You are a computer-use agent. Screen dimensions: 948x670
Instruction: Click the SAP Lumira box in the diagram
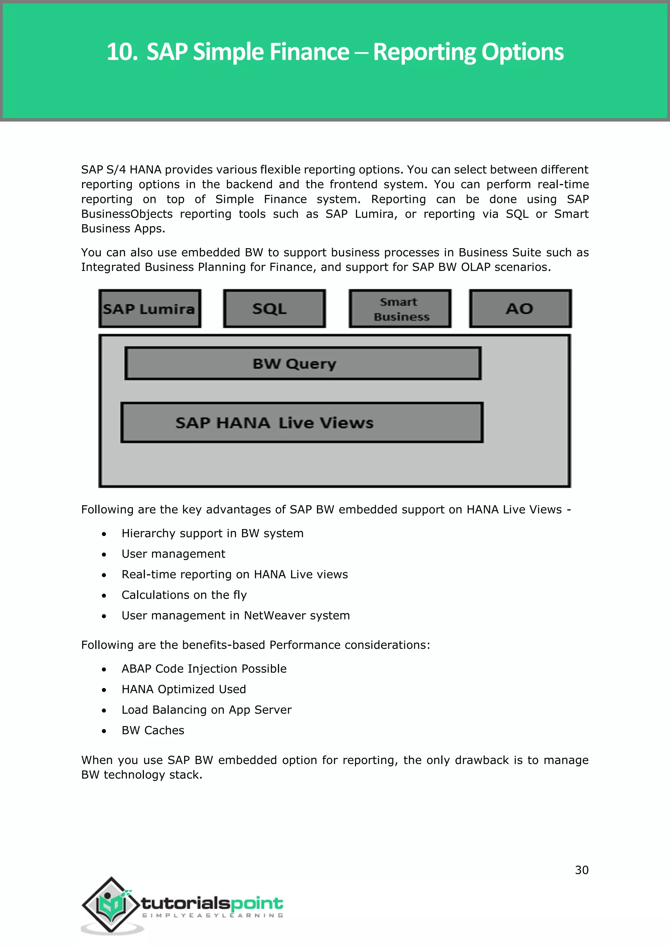pos(150,309)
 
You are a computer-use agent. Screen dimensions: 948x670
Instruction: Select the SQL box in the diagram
pos(274,309)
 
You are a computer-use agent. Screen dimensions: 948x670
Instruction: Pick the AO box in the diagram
pos(520,309)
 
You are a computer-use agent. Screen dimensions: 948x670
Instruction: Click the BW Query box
pos(303,364)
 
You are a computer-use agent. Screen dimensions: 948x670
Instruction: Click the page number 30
pos(581,870)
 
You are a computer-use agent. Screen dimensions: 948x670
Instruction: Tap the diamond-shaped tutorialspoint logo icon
pos(111,905)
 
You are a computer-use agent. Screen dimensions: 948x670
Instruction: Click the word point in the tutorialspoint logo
pos(256,904)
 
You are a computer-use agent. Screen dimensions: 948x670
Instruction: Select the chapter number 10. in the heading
pos(122,52)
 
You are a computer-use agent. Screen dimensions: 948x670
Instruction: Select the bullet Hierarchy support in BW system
pos(212,534)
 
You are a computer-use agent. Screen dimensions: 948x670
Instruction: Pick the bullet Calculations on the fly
pos(184,595)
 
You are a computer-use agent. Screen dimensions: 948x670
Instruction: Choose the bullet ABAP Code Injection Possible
pos(204,669)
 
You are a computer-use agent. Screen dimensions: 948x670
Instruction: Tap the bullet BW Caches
pos(153,730)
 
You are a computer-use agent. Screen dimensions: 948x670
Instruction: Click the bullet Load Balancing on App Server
pos(206,710)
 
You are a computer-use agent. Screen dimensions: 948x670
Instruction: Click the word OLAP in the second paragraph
pos(475,267)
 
